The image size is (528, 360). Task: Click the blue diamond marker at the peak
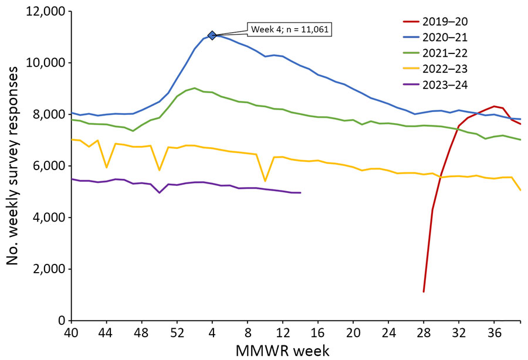click(212, 35)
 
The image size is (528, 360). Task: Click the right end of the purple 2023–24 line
click(300, 192)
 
